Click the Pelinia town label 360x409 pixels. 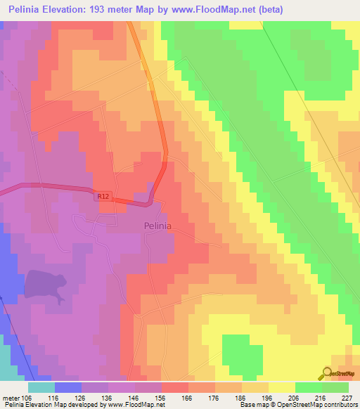(157, 226)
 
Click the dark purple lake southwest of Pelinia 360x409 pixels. (46, 287)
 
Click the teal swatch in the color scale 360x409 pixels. (41, 387)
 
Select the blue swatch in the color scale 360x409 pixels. (68, 387)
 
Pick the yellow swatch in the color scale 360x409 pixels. (281, 387)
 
